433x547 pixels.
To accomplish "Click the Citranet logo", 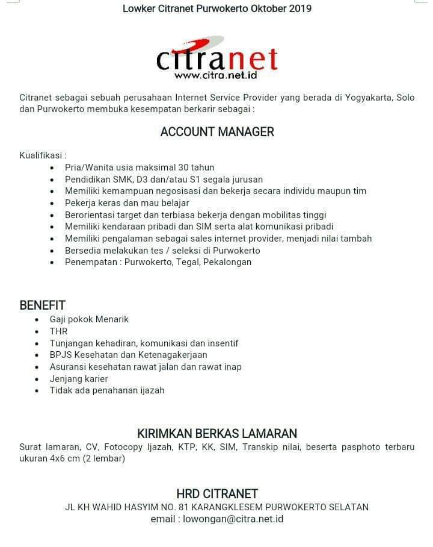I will coord(216,58).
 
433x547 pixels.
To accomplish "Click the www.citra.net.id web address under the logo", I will coord(216,75).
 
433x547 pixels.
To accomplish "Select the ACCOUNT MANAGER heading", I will coord(217,132).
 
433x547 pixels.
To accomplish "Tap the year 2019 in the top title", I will coord(300,8).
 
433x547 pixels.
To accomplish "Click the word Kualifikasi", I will coord(41,155).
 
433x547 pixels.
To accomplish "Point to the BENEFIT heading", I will coord(42,305).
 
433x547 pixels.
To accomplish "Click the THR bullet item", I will coord(59,331).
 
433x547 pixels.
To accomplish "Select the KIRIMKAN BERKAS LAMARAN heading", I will coord(217,433).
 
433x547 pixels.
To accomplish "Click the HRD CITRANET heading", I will coord(217,494).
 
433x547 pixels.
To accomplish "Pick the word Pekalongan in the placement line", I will coord(228,262).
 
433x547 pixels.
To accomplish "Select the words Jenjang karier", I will coord(79,378).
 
